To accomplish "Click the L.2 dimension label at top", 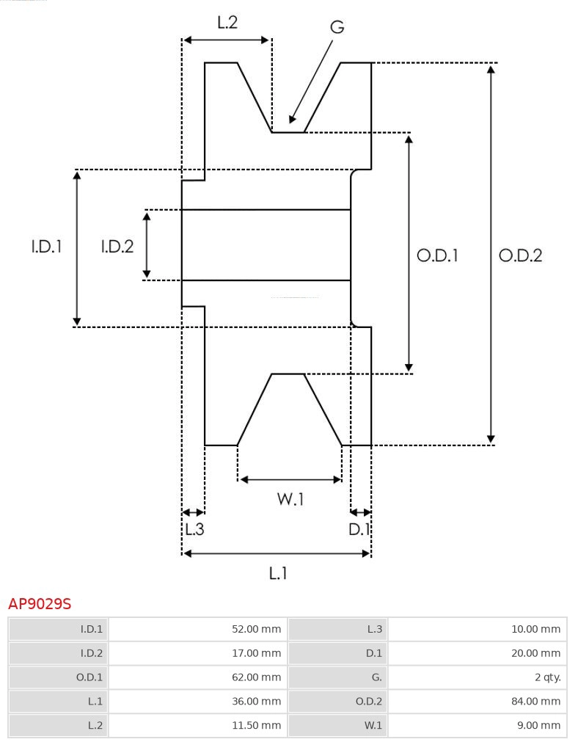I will tap(227, 23).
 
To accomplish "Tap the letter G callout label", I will tap(337, 27).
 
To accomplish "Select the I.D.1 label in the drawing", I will tap(46, 247).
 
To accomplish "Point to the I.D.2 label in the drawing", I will tap(117, 247).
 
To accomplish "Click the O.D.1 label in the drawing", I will tap(437, 255).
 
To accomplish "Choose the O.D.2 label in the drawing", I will tap(520, 255).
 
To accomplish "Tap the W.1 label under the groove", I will tap(290, 499).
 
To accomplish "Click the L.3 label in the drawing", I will tap(194, 528).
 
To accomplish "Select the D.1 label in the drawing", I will tap(359, 528).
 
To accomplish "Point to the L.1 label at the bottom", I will tap(277, 572).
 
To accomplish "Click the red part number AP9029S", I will tap(40, 604).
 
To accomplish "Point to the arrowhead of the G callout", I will tap(292, 120).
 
